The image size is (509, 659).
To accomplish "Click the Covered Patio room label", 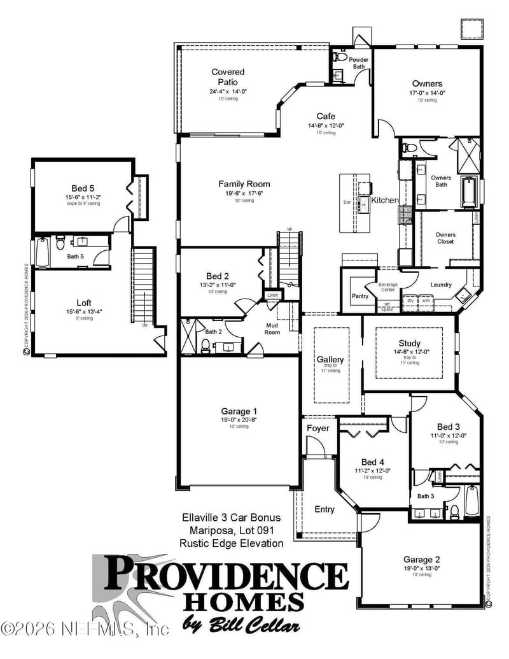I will coord(228,77).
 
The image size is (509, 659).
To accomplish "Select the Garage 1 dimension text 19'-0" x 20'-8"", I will coord(239,420).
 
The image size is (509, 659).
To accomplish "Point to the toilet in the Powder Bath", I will coord(338,58).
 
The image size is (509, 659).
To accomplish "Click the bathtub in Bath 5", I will coord(42,252).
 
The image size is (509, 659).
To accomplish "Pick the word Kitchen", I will coord(385,200).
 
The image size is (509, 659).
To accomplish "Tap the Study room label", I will coord(410,343).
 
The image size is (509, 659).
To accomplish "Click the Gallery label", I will coord(330,359).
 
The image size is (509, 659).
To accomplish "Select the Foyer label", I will coord(318,428).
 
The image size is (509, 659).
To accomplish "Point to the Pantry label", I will coord(360,296).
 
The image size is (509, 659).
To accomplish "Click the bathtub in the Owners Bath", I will coord(468,192).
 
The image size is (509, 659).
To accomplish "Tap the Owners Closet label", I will coord(445,238).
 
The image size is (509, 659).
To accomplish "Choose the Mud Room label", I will coord(272,329).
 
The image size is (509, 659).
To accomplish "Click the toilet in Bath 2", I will coord(206,346).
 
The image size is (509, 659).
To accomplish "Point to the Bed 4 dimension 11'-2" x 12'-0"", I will coord(372,471).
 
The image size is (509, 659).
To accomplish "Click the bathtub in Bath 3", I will coord(471,501).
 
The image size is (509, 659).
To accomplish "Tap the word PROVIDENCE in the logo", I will coord(226,575).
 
